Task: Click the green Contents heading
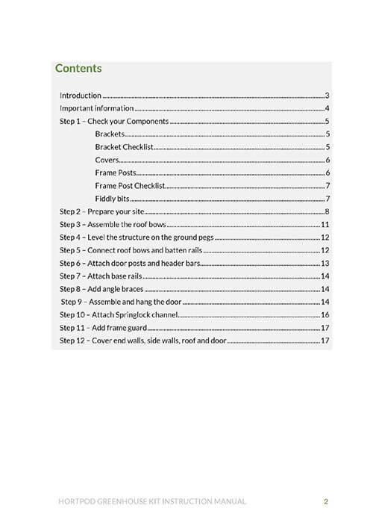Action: [x=78, y=69]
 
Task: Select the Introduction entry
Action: [x=80, y=96]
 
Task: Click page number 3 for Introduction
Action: [x=327, y=96]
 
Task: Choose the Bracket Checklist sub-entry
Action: [x=125, y=147]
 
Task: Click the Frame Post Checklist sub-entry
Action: [x=130, y=186]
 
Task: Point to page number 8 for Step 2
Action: [x=327, y=212]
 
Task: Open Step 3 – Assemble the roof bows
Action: [x=112, y=225]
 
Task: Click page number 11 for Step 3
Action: [x=325, y=225]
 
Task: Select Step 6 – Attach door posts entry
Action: [x=128, y=264]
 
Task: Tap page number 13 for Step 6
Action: [x=325, y=264]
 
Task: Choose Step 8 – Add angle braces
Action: [x=101, y=289]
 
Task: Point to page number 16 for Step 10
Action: [x=325, y=315]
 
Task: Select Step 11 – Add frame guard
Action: [x=101, y=328]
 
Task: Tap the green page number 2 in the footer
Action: [x=326, y=501]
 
